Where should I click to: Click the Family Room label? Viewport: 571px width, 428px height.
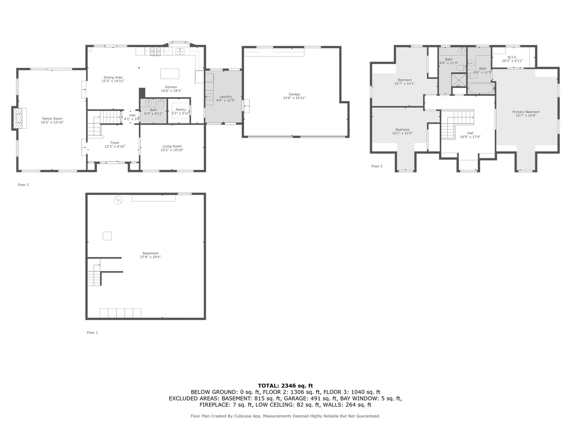pos(52,118)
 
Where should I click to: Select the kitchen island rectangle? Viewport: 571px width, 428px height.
pos(169,74)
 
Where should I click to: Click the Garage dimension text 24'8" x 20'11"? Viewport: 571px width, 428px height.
pos(294,98)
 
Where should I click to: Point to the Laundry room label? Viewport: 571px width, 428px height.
pos(226,97)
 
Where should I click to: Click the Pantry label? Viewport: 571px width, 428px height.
pos(181,110)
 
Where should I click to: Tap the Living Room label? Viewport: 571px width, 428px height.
pos(172,147)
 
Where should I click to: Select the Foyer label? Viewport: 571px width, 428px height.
pos(115,143)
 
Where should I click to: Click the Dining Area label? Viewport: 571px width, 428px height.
pos(113,78)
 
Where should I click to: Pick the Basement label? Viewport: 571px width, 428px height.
pos(150,253)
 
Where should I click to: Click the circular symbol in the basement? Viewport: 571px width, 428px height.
pos(118,200)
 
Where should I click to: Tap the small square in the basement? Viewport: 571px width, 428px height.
pos(107,236)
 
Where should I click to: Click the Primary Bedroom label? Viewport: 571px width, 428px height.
pos(526,112)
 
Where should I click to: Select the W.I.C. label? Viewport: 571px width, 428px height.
pos(512,57)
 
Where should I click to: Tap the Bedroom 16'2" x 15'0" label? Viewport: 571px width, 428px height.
pos(402,130)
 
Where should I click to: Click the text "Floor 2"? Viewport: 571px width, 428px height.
pos(23,185)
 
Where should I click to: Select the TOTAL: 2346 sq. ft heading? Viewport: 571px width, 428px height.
pos(285,386)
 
